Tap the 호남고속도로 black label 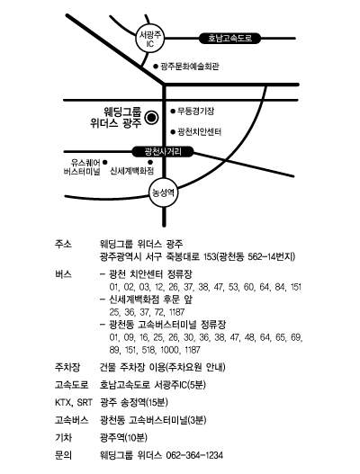click(x=229, y=39)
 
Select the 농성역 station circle click(x=164, y=192)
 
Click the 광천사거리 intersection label click(x=163, y=151)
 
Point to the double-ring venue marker click(x=151, y=118)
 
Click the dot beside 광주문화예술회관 click(x=156, y=67)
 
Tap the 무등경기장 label click(x=195, y=112)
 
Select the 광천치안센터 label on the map click(x=200, y=132)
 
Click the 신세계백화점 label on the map click(x=132, y=172)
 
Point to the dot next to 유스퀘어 click(x=105, y=162)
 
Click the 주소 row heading click(x=63, y=244)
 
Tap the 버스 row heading click(x=63, y=274)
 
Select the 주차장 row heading click(x=67, y=367)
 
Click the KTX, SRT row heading click(x=74, y=402)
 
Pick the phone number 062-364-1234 click(x=194, y=455)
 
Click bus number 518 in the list click(x=148, y=350)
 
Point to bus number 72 click(x=159, y=312)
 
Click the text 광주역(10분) click(x=123, y=437)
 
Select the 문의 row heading click(x=63, y=455)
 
